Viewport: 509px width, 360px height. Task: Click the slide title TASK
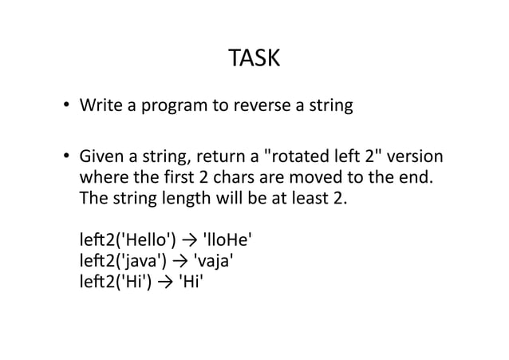click(x=254, y=59)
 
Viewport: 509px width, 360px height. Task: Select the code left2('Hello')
click(x=128, y=239)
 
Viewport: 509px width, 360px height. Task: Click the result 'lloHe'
click(x=230, y=239)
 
